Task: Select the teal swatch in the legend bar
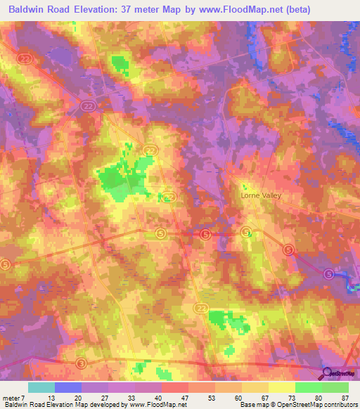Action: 41,387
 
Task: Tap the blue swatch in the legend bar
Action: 67,387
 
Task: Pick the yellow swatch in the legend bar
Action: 281,387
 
